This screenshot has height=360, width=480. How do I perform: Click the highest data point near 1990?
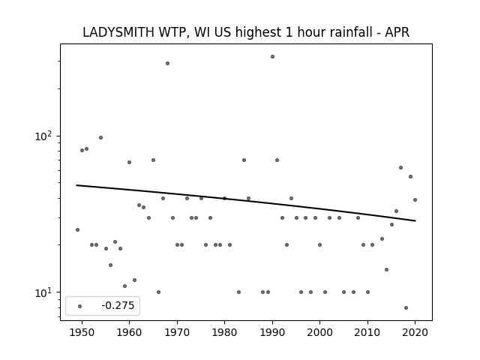pos(272,57)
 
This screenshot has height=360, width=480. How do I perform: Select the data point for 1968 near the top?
pos(167,63)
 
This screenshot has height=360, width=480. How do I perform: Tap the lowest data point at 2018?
pos(406,307)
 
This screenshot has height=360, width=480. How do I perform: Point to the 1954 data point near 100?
pos(100,138)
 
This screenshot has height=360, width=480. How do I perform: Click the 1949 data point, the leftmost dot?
pos(77,230)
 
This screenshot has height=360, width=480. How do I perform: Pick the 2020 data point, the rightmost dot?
pos(415,200)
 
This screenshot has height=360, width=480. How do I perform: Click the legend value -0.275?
pos(118,305)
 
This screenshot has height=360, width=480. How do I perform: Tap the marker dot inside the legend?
pos(80,306)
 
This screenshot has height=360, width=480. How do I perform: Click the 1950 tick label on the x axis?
pos(82,332)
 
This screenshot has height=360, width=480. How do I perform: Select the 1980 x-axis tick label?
pos(225,332)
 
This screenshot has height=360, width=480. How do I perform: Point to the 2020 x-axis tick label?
pos(415,332)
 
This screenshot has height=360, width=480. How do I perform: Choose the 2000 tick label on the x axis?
pos(320,332)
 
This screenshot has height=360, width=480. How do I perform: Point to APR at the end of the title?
pos(397,32)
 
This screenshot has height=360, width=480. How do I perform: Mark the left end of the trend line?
pos(76,185)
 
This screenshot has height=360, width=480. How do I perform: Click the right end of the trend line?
pos(415,220)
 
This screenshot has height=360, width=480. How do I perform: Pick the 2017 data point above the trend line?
pos(400,168)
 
